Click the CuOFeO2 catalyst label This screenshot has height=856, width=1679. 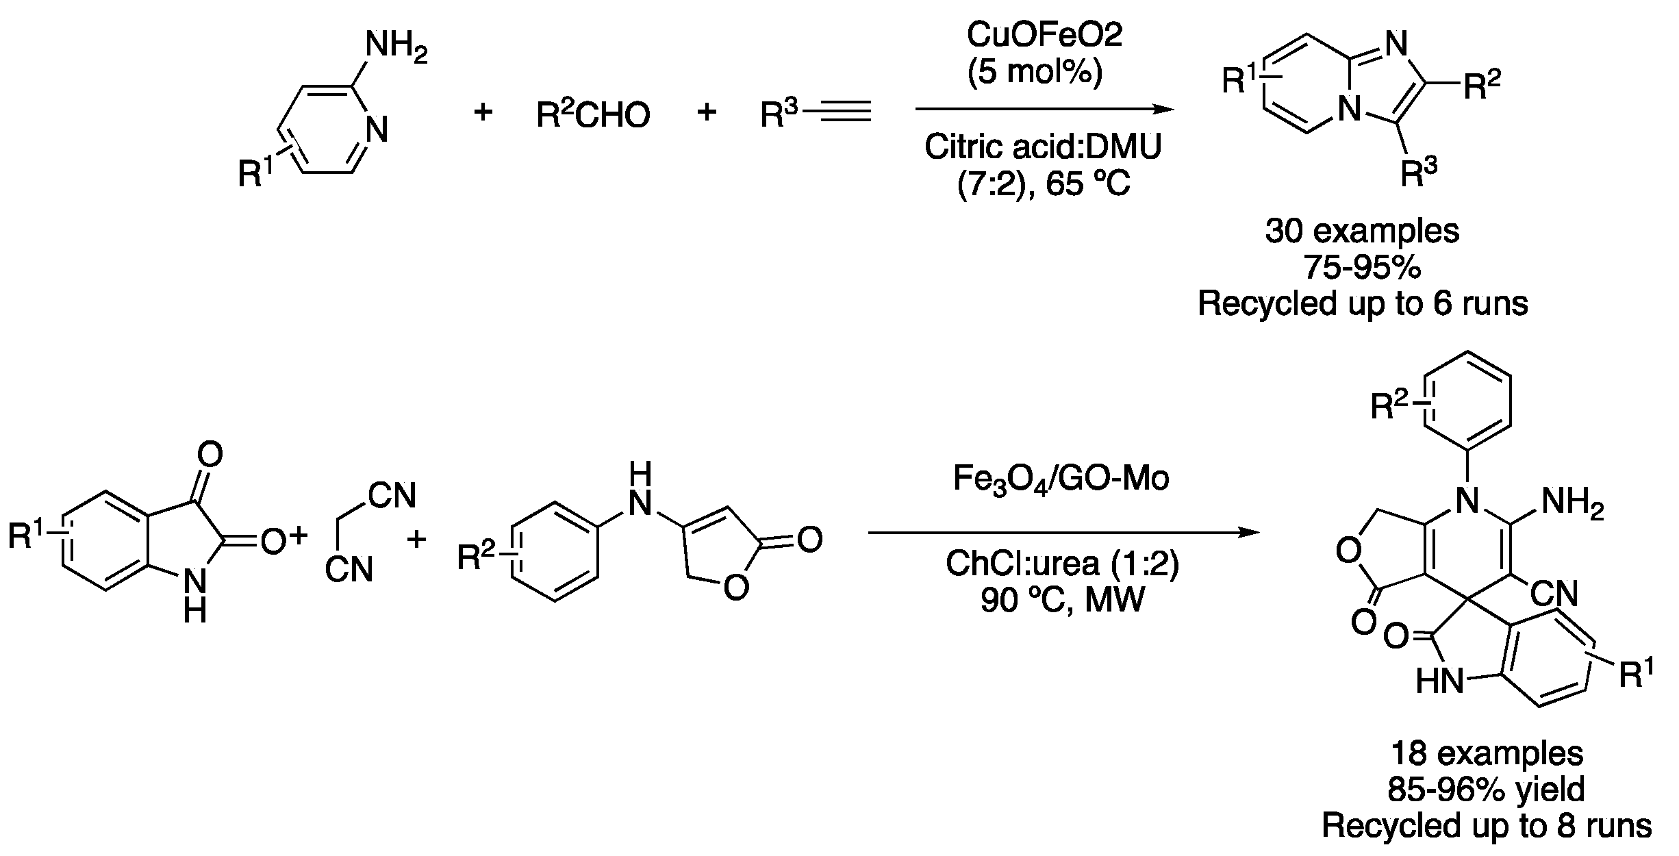pyautogui.click(x=1044, y=36)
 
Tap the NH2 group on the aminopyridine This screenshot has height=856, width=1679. pyautogui.click(x=396, y=48)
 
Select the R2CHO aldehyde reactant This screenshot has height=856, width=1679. pyautogui.click(x=593, y=114)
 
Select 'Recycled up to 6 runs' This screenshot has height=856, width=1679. pyautogui.click(x=1363, y=303)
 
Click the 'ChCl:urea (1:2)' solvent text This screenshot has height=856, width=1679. pyautogui.click(x=1062, y=565)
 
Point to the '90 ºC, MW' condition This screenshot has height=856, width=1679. pyautogui.click(x=1062, y=601)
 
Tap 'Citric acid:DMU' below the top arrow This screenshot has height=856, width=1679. pyautogui.click(x=1043, y=147)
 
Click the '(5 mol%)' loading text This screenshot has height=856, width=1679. pyautogui.click(x=1035, y=73)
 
